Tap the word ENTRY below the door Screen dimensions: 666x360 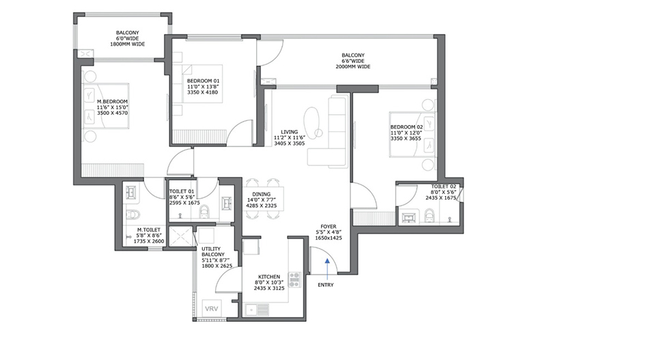click(x=326, y=285)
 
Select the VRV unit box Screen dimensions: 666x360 click(x=211, y=309)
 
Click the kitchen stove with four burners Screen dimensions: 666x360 click(x=294, y=280)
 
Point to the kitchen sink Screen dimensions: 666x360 click(x=257, y=310)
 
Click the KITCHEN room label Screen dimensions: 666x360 click(x=269, y=277)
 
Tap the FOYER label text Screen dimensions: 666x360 click(x=329, y=227)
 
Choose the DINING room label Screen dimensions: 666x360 click(x=261, y=195)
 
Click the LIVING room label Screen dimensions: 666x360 click(x=289, y=132)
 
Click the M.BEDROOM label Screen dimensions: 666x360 click(x=112, y=102)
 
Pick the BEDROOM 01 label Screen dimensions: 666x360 click(x=204, y=81)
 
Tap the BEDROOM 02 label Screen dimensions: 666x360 click(x=407, y=127)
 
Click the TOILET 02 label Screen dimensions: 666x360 click(x=443, y=186)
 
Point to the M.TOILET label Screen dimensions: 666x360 click(x=149, y=230)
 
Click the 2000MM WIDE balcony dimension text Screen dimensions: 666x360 click(x=353, y=67)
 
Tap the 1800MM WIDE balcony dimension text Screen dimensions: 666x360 click(x=128, y=44)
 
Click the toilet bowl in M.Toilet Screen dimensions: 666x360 click(x=133, y=214)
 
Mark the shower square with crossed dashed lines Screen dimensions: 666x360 click(x=181, y=236)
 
